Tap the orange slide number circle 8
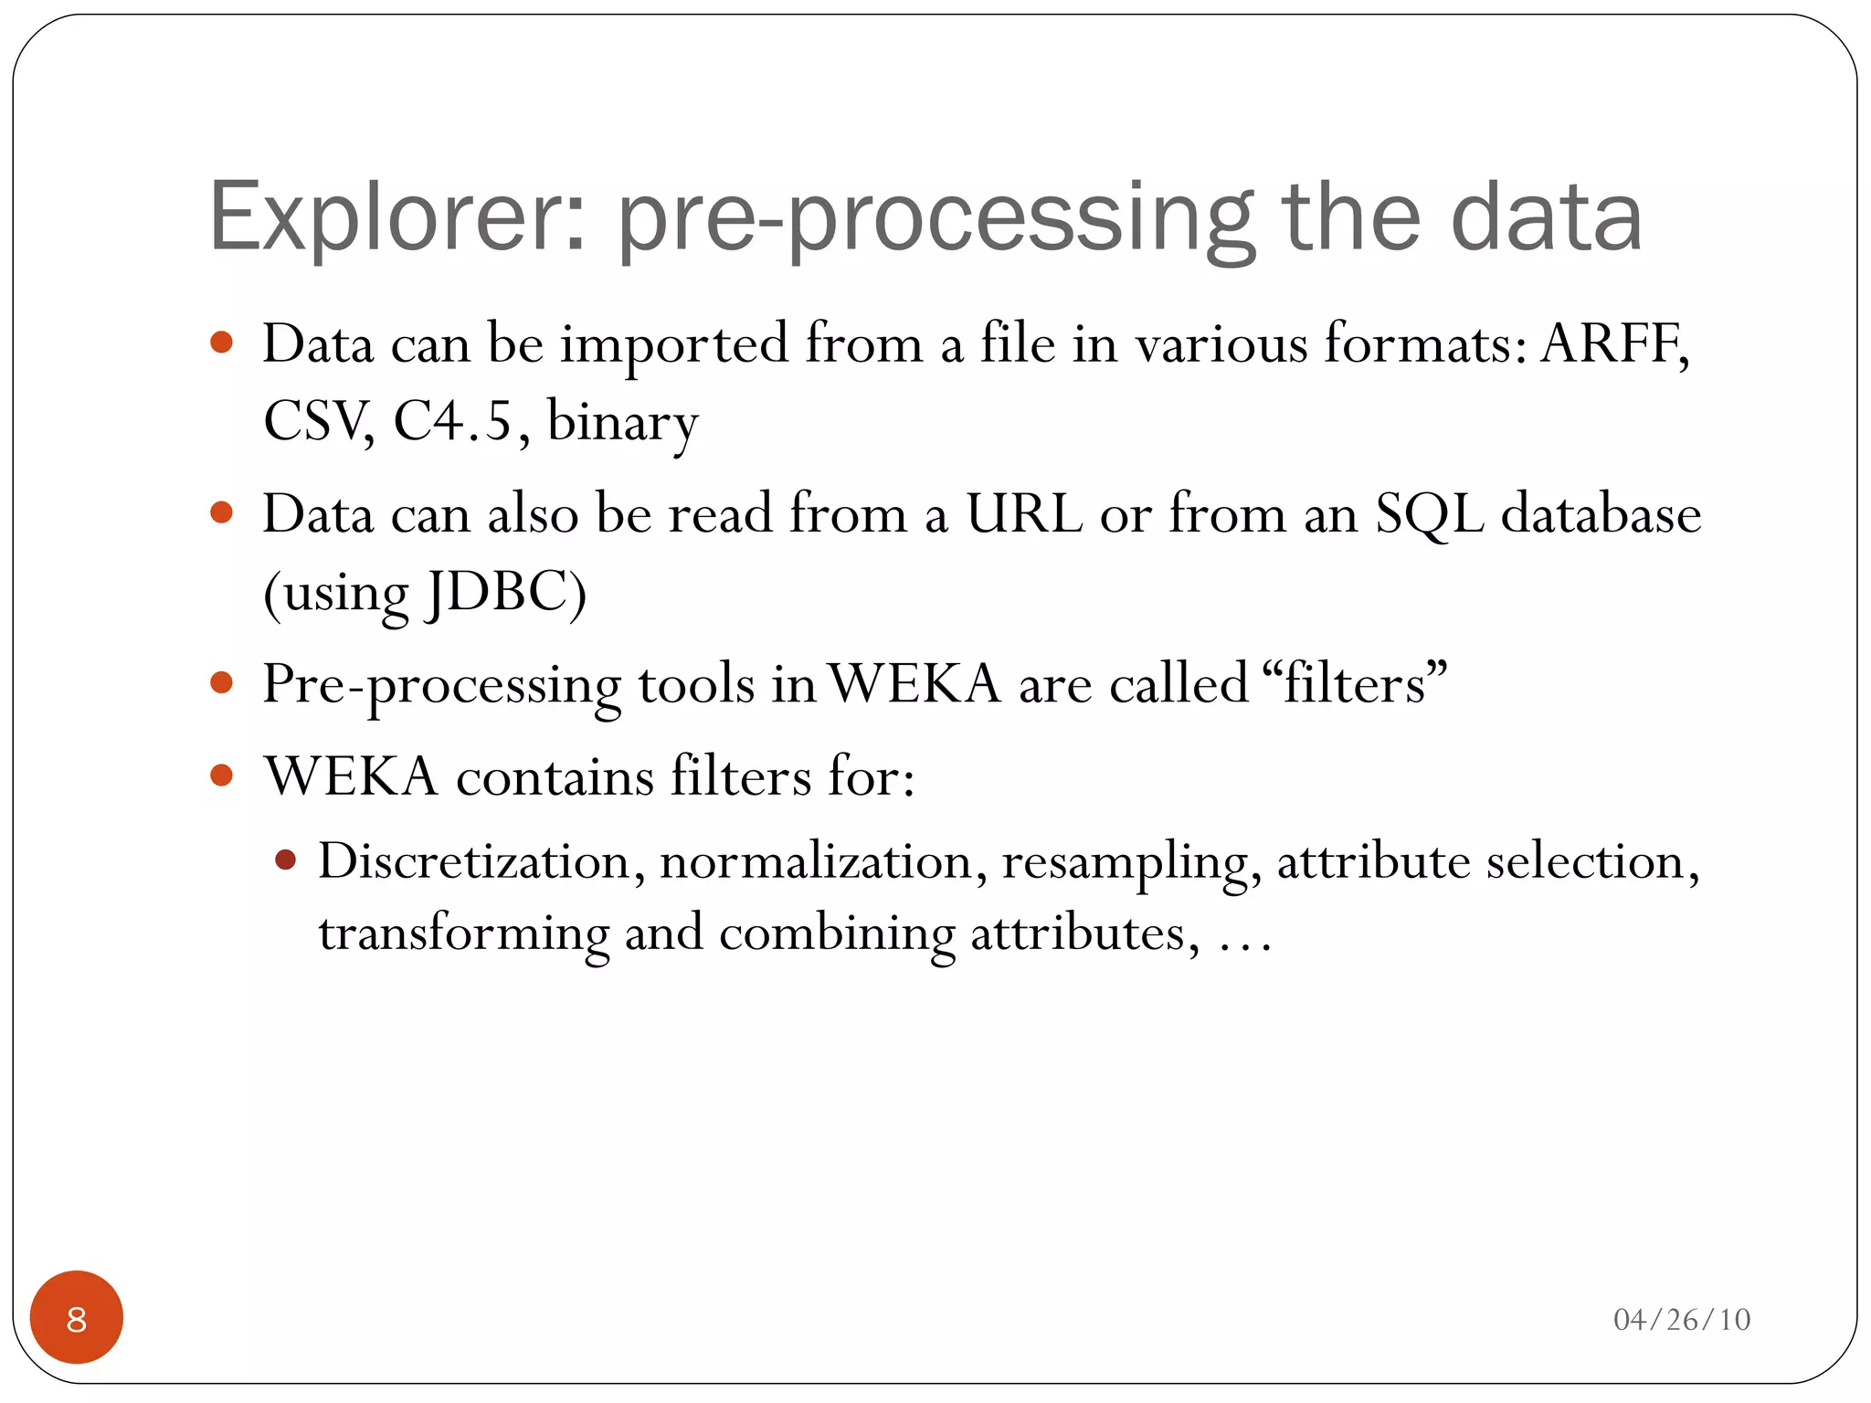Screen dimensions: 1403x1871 [x=77, y=1318]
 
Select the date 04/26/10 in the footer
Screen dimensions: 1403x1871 [x=1681, y=1320]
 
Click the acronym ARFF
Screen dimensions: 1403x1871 [x=1612, y=344]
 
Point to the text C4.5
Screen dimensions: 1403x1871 [x=452, y=422]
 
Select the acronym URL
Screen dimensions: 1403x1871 [x=1024, y=514]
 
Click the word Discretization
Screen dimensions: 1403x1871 [x=474, y=861]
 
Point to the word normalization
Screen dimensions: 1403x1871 [x=816, y=861]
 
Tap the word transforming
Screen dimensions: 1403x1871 [x=463, y=934]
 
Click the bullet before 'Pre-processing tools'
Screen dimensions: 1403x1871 [x=221, y=683]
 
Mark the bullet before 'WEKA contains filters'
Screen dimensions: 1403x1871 [x=221, y=776]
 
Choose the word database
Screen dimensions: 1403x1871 [x=1601, y=514]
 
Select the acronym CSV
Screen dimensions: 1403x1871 [x=316, y=422]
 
